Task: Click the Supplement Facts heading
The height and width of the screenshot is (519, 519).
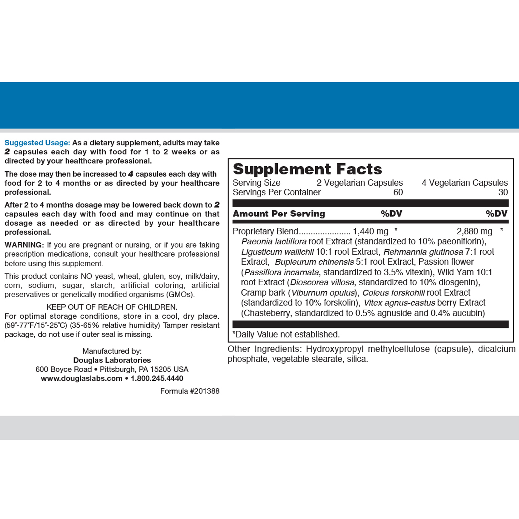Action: coord(307,169)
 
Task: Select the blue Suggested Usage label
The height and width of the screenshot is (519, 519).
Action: coord(37,143)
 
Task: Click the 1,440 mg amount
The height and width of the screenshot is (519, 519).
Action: coord(371,231)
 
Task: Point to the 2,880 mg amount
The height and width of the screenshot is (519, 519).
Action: coord(474,231)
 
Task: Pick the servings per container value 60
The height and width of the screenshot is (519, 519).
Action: coord(398,192)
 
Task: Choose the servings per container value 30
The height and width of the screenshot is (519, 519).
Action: coord(503,192)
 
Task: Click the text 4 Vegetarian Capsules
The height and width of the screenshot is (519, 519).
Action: coord(465,183)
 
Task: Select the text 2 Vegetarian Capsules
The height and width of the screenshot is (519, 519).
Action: coord(360,183)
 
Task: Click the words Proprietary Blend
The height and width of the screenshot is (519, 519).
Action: coord(265,231)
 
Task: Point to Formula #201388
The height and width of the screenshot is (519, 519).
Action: coord(190,391)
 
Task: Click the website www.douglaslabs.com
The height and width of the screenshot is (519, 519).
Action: coord(82,378)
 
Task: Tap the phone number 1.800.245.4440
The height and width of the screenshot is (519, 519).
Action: coord(157,378)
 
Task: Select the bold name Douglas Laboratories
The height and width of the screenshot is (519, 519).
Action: coord(112,360)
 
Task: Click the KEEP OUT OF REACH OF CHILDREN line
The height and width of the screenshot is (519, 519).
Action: coord(112,307)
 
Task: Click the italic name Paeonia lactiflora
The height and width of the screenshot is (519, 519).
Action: coord(274,242)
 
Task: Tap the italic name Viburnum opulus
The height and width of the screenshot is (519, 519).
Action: coord(323,292)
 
